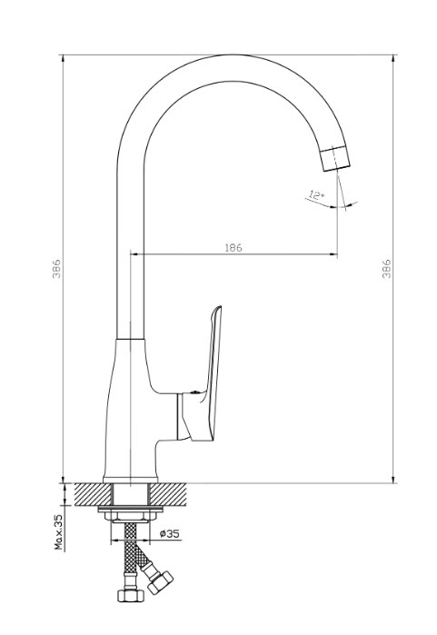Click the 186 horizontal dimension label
point(233,247)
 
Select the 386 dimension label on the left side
point(56,268)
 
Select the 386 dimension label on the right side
point(387,268)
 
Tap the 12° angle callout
point(316,195)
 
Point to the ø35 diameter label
point(169,534)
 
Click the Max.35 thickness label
point(59,531)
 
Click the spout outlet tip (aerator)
point(335,158)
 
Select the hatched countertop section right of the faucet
point(168,494)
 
